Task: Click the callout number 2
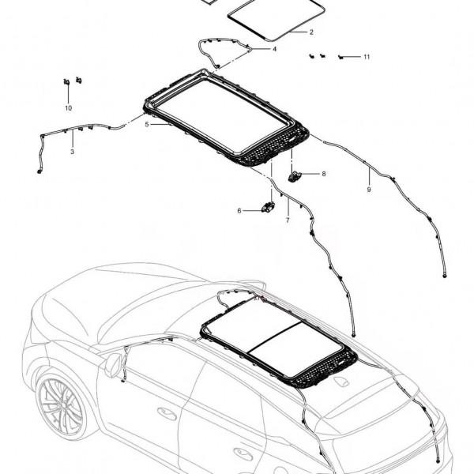[x=311, y=32]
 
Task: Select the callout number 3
[x=72, y=151]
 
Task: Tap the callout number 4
[x=274, y=49]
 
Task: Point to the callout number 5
[x=147, y=124]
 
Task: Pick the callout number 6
[x=239, y=210]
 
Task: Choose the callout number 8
[x=322, y=173]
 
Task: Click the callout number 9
[x=368, y=190]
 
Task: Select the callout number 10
[x=68, y=107]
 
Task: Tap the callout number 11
[x=367, y=57]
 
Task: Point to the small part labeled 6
[x=268, y=207]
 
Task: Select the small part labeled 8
[x=297, y=175]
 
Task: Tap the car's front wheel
[x=60, y=405]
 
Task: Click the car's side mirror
[x=115, y=365]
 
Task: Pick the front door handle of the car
[x=167, y=413]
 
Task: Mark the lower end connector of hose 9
[x=445, y=276]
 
